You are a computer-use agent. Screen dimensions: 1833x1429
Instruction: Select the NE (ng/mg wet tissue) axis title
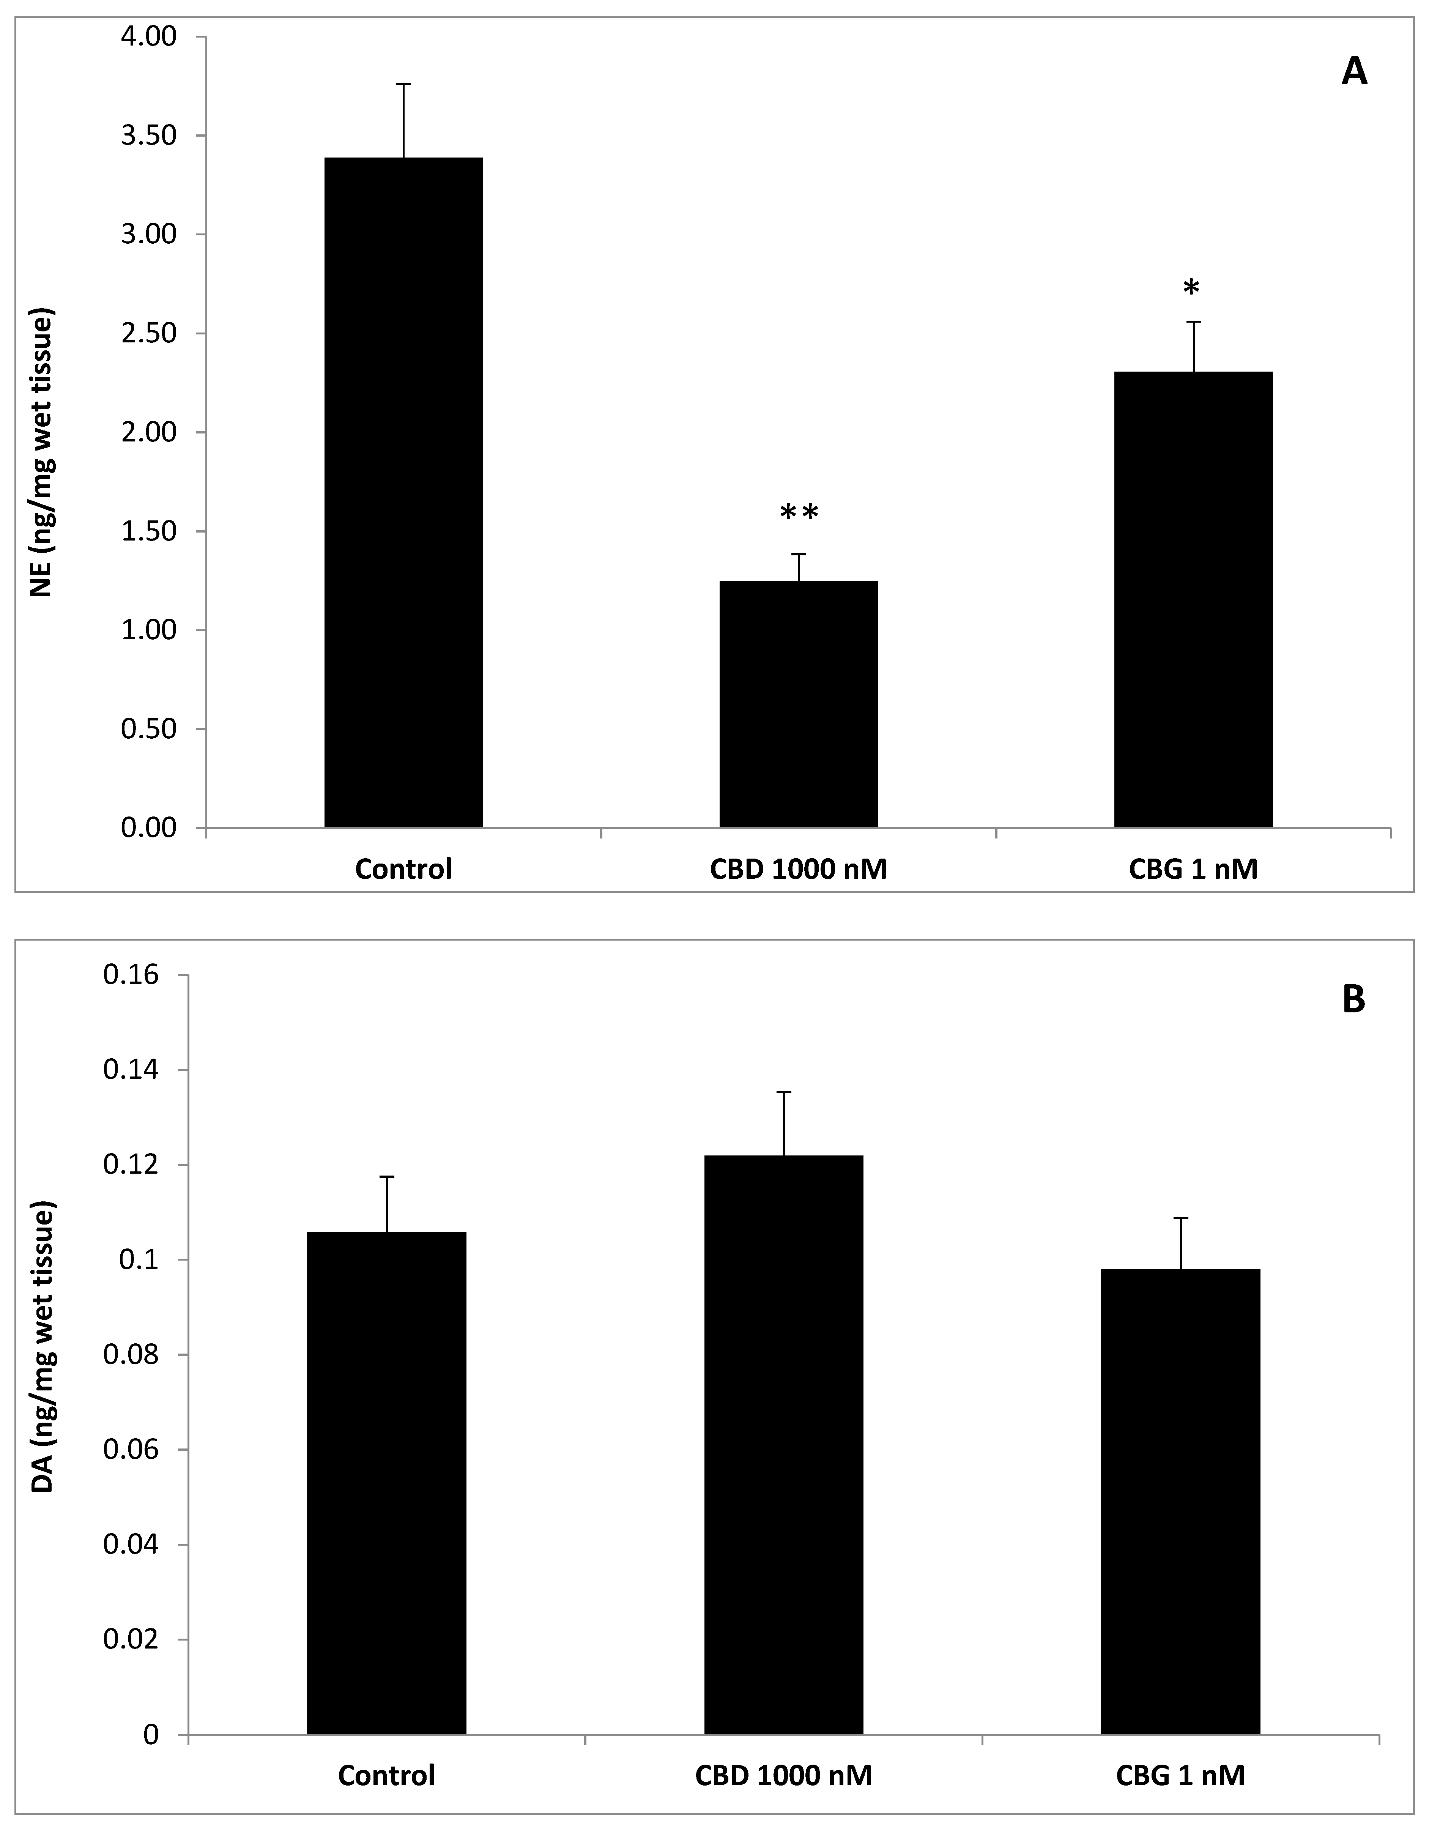click(x=42, y=453)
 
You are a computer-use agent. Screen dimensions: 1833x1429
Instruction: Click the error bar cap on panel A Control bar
click(x=403, y=85)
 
